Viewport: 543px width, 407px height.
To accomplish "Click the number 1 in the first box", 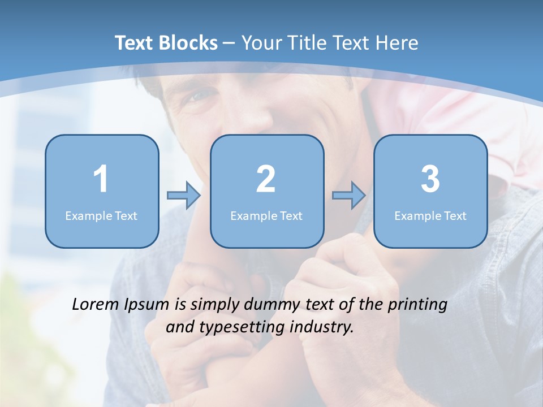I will tap(101, 179).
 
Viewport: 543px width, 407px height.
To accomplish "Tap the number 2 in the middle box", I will tap(266, 179).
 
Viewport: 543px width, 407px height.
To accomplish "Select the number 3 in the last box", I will tap(430, 179).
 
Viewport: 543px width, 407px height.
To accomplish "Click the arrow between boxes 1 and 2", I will tap(184, 196).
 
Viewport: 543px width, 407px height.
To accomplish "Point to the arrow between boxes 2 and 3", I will tap(349, 196).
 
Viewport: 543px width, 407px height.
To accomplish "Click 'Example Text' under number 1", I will tap(101, 215).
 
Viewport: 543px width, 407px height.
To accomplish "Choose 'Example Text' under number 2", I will tap(266, 215).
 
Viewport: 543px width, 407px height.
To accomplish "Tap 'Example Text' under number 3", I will tap(430, 215).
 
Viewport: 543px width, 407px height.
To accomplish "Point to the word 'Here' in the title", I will tap(398, 43).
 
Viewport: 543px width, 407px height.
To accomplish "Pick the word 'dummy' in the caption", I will tap(270, 305).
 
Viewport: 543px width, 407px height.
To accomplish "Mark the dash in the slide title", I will tap(229, 44).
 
